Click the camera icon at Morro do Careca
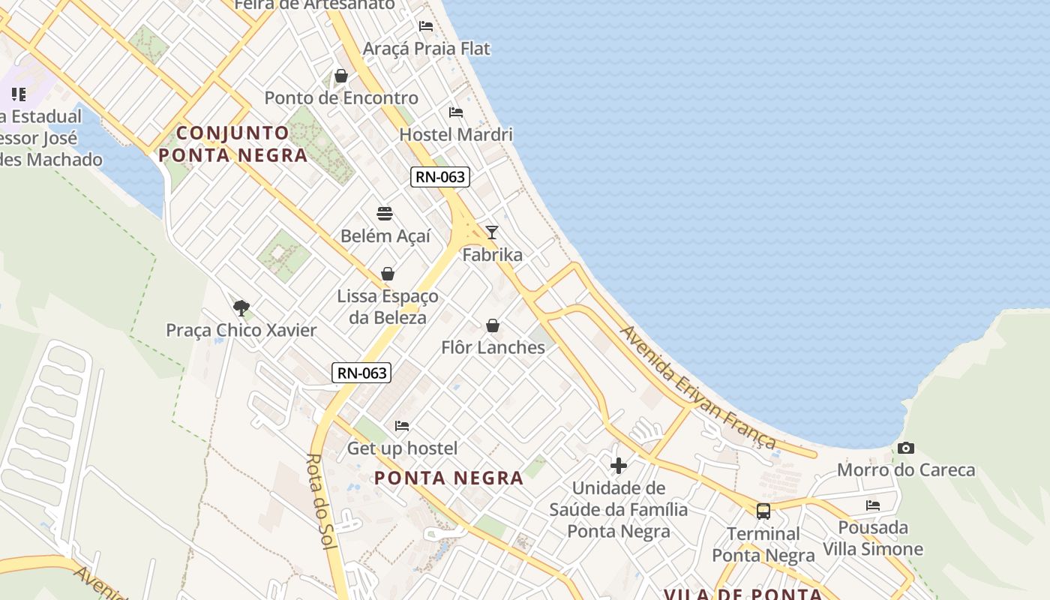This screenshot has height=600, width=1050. tap(906, 448)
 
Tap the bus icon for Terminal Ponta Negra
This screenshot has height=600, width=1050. tap(763, 511)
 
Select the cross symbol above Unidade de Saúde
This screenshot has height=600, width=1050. tap(619, 466)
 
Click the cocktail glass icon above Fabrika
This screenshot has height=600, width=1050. tap(492, 232)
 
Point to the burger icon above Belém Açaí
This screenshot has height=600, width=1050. tap(385, 214)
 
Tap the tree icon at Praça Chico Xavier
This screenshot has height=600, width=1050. tap(241, 307)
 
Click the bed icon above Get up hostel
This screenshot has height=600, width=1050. tap(402, 426)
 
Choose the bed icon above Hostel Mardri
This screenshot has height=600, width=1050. tap(456, 112)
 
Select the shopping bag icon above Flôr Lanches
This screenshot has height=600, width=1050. tap(493, 325)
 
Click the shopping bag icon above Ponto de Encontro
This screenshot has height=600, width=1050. tap(341, 76)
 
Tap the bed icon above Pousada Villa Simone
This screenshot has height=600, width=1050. tap(873, 505)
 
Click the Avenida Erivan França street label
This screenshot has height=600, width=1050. tap(697, 387)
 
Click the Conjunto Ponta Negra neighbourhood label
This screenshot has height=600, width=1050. tap(233, 144)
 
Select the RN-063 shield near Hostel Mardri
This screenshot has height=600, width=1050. tap(440, 178)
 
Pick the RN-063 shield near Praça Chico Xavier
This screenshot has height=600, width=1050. tap(362, 373)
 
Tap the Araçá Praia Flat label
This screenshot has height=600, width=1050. tap(426, 49)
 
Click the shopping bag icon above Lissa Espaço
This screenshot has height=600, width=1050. tap(388, 274)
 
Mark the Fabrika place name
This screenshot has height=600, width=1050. tap(492, 255)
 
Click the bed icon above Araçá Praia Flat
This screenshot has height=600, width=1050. tap(426, 26)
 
